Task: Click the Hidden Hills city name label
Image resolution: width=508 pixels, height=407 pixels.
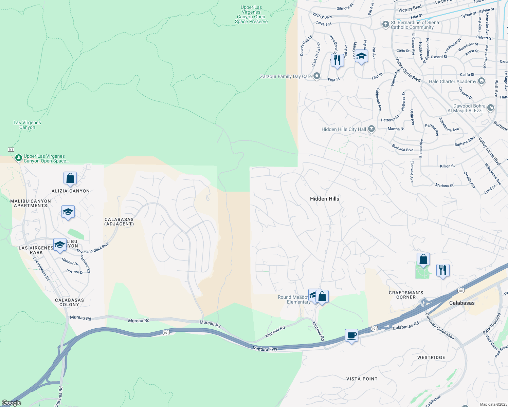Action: [x=324, y=199]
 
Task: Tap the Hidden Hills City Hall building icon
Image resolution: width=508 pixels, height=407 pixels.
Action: [x=371, y=129]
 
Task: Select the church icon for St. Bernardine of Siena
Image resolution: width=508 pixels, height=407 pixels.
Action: [x=385, y=24]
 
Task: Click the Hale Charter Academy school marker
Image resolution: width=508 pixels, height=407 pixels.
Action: [x=481, y=81]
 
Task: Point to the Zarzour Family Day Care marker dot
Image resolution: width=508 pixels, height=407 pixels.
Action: [x=317, y=76]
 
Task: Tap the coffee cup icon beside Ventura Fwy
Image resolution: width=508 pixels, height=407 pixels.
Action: [x=352, y=335]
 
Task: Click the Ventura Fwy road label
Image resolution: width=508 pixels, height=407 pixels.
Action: [x=265, y=349]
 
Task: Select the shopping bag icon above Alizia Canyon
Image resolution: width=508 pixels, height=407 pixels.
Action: [x=70, y=178]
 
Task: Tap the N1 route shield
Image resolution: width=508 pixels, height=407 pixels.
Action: [x=11, y=150]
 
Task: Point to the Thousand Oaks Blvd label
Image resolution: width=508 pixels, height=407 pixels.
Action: [x=92, y=248]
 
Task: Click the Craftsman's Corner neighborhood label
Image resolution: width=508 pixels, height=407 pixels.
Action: [x=406, y=295]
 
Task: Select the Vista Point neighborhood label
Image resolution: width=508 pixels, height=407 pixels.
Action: [x=362, y=379]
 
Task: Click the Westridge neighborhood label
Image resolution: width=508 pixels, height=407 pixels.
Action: [x=431, y=357]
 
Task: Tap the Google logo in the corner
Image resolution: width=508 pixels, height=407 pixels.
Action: [x=12, y=403]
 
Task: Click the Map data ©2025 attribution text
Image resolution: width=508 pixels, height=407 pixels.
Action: [x=493, y=404]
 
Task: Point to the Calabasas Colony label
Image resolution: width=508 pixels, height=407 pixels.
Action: [x=69, y=302]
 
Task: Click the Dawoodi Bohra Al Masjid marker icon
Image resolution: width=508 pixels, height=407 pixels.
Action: [x=491, y=108]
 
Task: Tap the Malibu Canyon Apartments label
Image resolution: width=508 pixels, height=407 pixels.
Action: [x=31, y=203]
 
